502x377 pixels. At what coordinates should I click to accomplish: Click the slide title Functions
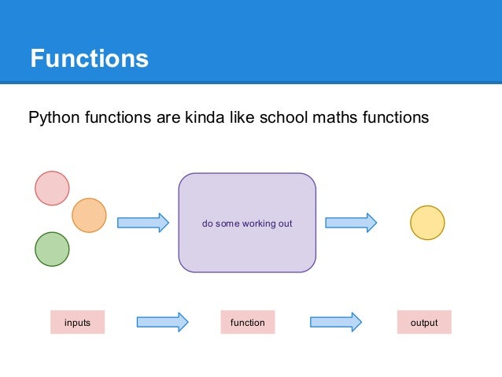tap(89, 59)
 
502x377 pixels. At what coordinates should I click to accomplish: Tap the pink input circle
tap(52, 187)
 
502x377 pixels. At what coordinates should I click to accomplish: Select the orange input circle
tap(89, 215)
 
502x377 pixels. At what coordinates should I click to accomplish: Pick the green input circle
tap(52, 249)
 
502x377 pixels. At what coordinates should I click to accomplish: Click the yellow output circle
tap(427, 223)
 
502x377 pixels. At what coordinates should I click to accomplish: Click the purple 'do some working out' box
tap(247, 223)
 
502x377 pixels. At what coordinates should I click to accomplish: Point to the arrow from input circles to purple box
tap(143, 223)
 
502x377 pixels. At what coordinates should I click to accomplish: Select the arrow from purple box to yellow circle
tap(351, 223)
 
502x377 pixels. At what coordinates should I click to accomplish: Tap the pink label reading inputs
tap(77, 323)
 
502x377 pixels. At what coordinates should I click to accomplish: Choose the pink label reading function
tap(247, 323)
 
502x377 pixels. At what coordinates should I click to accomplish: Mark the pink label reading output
tap(424, 323)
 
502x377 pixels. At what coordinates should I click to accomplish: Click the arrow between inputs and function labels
tap(162, 322)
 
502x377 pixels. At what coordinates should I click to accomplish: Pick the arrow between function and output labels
tap(336, 322)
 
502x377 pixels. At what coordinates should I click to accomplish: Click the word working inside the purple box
tap(257, 224)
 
